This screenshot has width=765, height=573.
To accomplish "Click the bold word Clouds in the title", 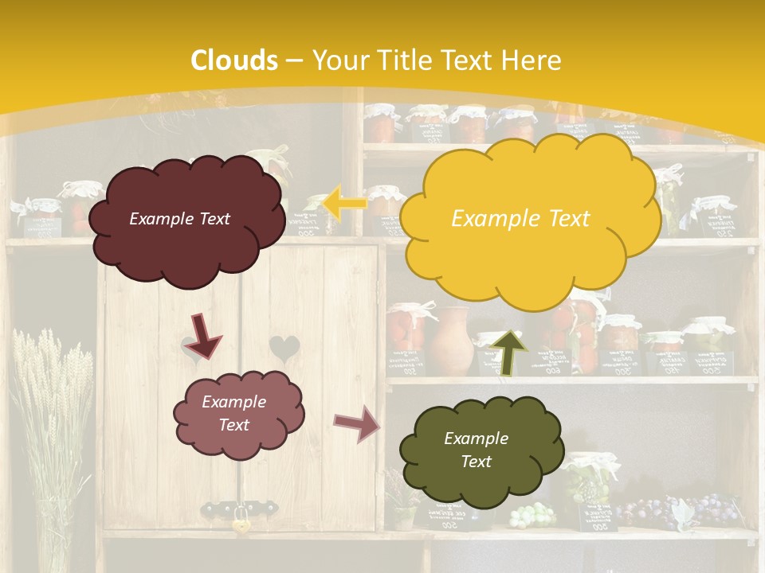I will (234, 60).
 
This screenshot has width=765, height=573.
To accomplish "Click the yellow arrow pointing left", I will (344, 203).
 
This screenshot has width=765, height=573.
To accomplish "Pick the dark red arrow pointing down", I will (204, 335).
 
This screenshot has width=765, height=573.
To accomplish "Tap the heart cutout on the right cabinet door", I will (284, 348).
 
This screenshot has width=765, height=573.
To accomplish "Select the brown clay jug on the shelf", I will (453, 341).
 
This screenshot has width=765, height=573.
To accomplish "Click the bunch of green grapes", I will (532, 515).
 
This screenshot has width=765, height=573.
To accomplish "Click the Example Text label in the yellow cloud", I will (520, 218).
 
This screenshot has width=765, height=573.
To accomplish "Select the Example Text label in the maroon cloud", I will (179, 219).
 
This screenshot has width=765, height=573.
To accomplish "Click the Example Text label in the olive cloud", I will (476, 450).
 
